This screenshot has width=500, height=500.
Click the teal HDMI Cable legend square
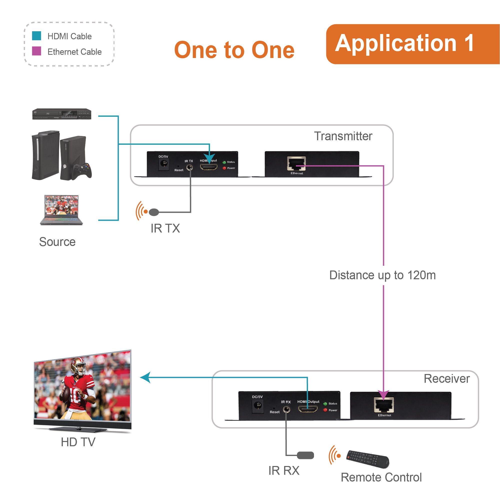point(36,36)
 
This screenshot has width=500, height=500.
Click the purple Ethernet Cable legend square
point(36,51)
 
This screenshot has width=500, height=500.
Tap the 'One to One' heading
point(234,50)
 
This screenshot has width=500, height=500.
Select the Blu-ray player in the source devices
point(61,114)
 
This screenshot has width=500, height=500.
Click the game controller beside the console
point(82,171)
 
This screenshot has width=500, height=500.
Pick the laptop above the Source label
point(61,210)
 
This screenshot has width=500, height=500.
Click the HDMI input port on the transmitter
point(208,167)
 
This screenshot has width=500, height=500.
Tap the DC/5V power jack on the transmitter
point(163,163)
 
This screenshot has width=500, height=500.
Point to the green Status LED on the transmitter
point(224,162)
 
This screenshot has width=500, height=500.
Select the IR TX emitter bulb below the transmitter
point(154,212)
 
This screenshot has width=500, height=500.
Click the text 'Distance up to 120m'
point(382,275)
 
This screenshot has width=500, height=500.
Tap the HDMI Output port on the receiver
point(308,409)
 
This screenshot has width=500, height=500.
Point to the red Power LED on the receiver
point(325,410)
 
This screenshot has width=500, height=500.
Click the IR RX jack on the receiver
point(286,409)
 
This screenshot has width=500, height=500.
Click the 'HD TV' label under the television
point(78,442)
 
